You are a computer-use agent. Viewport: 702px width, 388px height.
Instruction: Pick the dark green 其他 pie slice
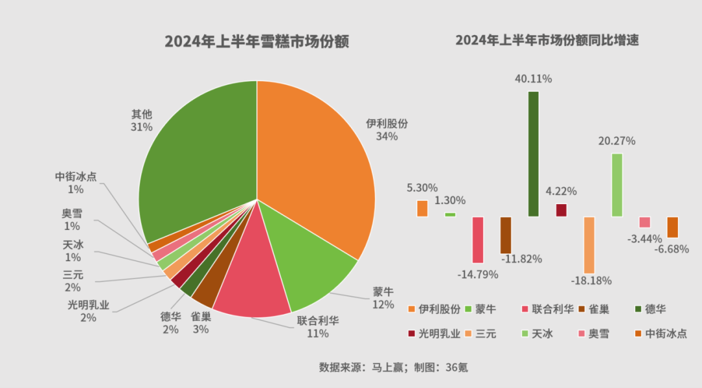coord(195,156)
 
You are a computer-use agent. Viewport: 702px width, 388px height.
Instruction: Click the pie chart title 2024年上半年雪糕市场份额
coord(257,42)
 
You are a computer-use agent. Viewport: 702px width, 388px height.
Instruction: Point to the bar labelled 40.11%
coord(533,153)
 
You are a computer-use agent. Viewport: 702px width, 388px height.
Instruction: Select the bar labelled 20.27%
coord(617,185)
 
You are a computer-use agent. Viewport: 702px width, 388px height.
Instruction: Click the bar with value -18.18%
coord(589,244)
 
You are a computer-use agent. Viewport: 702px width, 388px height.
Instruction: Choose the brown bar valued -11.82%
coord(506,235)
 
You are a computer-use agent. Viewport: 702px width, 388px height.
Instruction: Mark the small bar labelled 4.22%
coord(561,210)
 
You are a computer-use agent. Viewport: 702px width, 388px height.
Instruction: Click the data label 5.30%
coord(422,188)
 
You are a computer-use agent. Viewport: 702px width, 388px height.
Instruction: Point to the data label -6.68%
coord(671,250)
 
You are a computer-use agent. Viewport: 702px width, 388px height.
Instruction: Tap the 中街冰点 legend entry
coord(660,334)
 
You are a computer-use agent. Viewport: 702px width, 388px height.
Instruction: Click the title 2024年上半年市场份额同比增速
coord(547,40)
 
